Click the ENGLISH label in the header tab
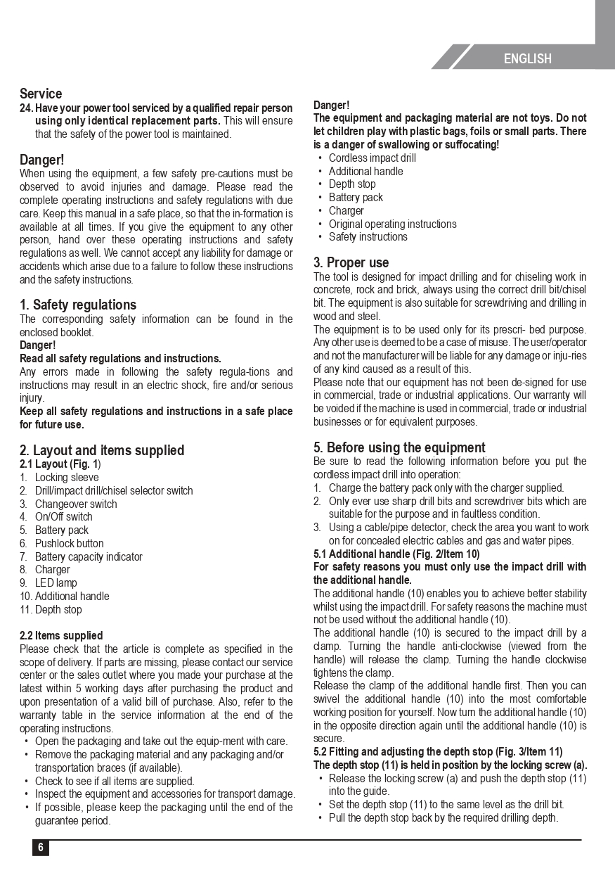(x=527, y=59)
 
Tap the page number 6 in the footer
(x=41, y=848)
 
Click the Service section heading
(x=41, y=94)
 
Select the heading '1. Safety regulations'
(x=78, y=305)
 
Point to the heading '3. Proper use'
(x=351, y=262)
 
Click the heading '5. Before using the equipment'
(x=399, y=447)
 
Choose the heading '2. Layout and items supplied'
(x=102, y=450)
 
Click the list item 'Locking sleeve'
(x=67, y=478)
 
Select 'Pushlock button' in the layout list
(x=69, y=544)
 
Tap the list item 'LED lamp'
(x=56, y=583)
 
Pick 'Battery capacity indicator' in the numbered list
(x=89, y=557)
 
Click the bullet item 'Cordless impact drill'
(x=373, y=158)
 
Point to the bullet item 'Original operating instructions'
(x=392, y=224)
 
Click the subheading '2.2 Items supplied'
(x=61, y=636)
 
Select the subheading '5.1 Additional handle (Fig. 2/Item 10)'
(x=396, y=554)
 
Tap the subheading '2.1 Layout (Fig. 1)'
(x=60, y=464)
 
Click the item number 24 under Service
(x=26, y=108)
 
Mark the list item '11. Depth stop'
(x=51, y=610)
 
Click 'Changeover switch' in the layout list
(x=76, y=504)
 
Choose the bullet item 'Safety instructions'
(x=368, y=237)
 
